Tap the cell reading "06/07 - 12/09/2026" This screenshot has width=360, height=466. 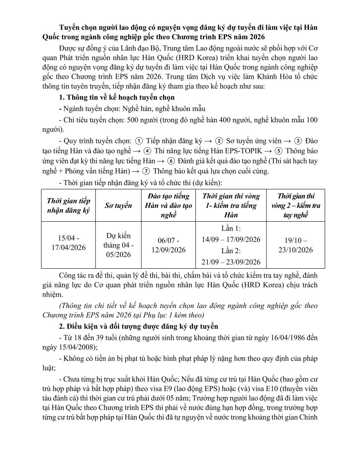[x=169, y=245]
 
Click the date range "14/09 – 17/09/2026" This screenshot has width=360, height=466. [x=231, y=239]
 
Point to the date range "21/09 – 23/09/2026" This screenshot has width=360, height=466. [x=231, y=262]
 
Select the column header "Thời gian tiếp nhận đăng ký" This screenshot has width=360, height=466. [x=68, y=205]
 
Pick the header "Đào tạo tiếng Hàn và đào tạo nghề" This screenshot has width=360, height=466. [x=169, y=205]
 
